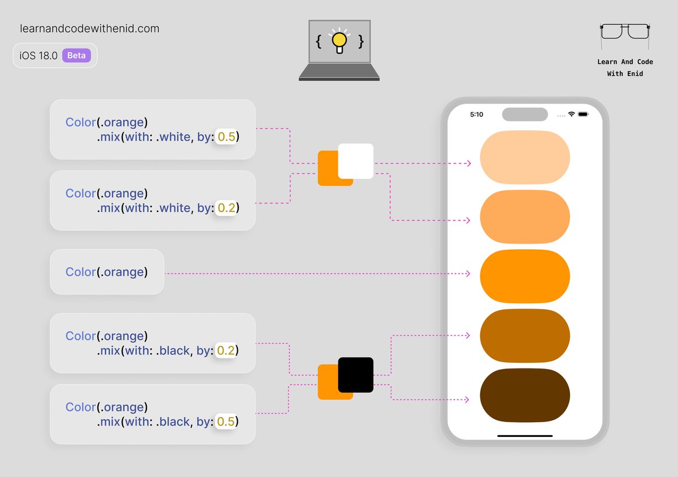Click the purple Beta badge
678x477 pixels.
pos(76,55)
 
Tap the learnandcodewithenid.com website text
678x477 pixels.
pos(89,28)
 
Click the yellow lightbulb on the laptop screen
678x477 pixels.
pos(339,40)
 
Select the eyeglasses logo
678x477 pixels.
pos(624,31)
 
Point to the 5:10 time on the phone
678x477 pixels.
pos(477,114)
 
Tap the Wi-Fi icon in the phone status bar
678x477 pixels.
pos(571,114)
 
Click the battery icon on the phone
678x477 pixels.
pos(583,114)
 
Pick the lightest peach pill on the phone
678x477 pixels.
pos(524,158)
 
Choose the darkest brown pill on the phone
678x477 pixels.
pos(524,395)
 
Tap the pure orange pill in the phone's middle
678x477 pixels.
pos(524,276)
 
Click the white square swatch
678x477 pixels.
pos(356,161)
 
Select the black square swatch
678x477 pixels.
pos(356,375)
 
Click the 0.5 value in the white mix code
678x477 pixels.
pos(226,137)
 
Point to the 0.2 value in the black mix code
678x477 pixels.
pos(226,350)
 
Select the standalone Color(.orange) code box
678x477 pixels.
pos(107,272)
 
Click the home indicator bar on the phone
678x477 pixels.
pos(524,436)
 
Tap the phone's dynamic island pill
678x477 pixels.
pos(525,114)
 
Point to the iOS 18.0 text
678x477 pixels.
pos(38,55)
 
